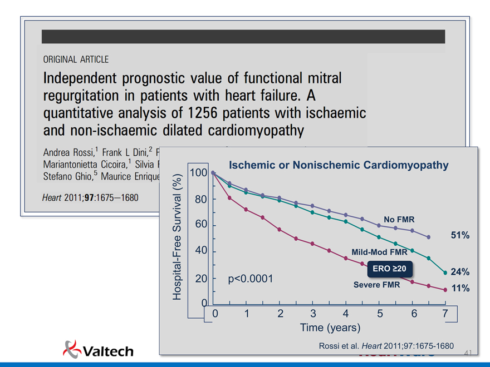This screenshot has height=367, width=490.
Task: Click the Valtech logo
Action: click(x=98, y=349)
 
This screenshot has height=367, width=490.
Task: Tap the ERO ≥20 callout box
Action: click(x=390, y=269)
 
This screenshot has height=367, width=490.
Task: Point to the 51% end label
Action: click(x=460, y=236)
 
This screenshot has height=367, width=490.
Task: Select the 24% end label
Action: click(x=460, y=272)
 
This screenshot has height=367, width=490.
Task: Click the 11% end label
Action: click(x=460, y=289)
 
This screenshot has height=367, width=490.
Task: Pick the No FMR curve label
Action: click(x=399, y=219)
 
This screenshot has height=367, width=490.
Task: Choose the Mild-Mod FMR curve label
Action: click(x=379, y=252)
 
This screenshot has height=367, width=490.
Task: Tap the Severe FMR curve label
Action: click(x=376, y=285)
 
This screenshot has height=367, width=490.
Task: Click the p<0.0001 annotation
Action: click(x=251, y=279)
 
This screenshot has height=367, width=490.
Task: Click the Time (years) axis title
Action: click(x=330, y=328)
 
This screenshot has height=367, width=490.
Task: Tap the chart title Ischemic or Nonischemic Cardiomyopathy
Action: click(x=339, y=165)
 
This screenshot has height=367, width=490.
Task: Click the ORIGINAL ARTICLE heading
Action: click(x=76, y=59)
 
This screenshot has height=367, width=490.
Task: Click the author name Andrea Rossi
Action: click(x=69, y=152)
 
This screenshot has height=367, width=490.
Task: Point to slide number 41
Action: click(x=468, y=353)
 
